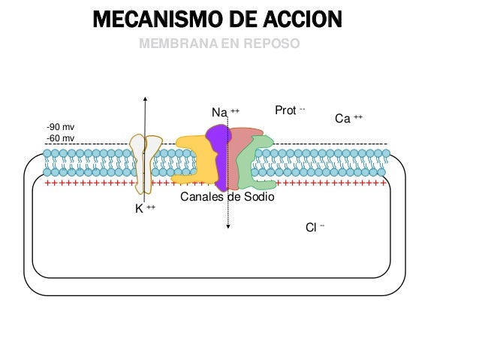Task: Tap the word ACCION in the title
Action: (297, 18)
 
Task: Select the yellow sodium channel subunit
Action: (192, 158)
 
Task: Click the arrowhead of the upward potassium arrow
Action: (145, 99)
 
